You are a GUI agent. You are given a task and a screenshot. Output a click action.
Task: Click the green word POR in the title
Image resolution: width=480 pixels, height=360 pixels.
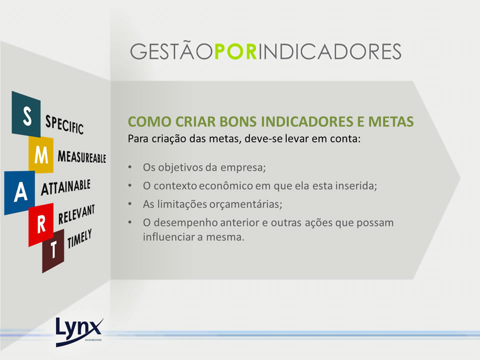pos(235,51)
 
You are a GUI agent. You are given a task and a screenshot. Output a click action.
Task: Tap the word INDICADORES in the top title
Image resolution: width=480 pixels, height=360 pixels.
pos(329,51)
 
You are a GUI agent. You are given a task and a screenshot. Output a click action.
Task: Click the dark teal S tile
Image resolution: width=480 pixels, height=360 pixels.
pos(26,114)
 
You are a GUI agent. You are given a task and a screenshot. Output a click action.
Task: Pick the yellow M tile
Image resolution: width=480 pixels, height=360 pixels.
pos(41,154)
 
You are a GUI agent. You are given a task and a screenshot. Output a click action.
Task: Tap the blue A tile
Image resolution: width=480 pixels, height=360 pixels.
pos(19,192)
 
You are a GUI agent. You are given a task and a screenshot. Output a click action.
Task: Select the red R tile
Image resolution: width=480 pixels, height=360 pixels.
pos(41,224)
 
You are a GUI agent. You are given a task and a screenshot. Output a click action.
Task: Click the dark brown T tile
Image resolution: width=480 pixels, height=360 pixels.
pos(53,250)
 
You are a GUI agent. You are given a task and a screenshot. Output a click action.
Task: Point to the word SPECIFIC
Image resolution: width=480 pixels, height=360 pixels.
pos(64,124)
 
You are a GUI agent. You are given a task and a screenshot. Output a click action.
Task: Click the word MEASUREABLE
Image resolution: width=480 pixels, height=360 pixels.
pos(81,156)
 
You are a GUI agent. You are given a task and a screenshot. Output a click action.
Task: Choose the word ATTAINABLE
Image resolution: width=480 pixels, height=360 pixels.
pos(66,187)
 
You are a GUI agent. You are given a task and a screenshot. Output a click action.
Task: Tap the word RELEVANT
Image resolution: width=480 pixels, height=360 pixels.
pos(76,214)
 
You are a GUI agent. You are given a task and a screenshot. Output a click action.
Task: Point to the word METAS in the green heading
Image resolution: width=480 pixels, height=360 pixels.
pos(391,121)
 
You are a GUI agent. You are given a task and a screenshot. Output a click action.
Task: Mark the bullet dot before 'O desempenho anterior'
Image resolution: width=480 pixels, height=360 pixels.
pos(130,222)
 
